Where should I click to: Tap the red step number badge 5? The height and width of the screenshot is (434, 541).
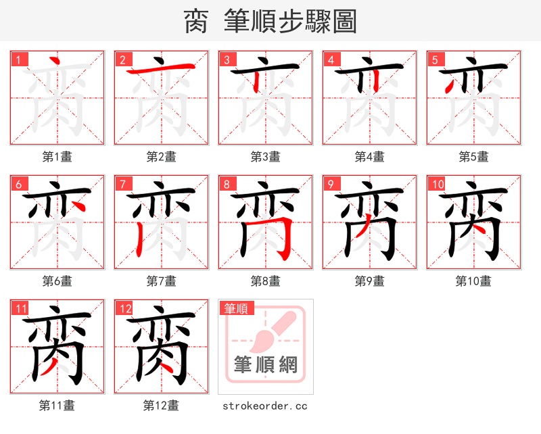click(x=435, y=59)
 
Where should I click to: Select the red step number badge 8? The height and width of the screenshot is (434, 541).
click(x=227, y=184)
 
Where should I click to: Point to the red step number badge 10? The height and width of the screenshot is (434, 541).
click(x=437, y=184)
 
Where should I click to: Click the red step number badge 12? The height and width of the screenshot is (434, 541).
click(x=124, y=308)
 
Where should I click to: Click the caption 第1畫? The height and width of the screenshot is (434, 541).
click(x=57, y=157)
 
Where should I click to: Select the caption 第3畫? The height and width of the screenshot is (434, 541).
click(x=266, y=157)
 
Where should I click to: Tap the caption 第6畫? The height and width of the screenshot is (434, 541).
click(x=57, y=281)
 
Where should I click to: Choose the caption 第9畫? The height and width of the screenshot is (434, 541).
click(x=370, y=281)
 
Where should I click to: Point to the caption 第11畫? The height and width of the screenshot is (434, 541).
click(x=57, y=406)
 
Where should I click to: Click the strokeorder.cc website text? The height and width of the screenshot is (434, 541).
click(x=265, y=406)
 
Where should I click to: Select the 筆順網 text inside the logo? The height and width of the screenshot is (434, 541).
click(x=266, y=365)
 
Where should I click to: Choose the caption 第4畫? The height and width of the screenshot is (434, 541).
click(x=370, y=157)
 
